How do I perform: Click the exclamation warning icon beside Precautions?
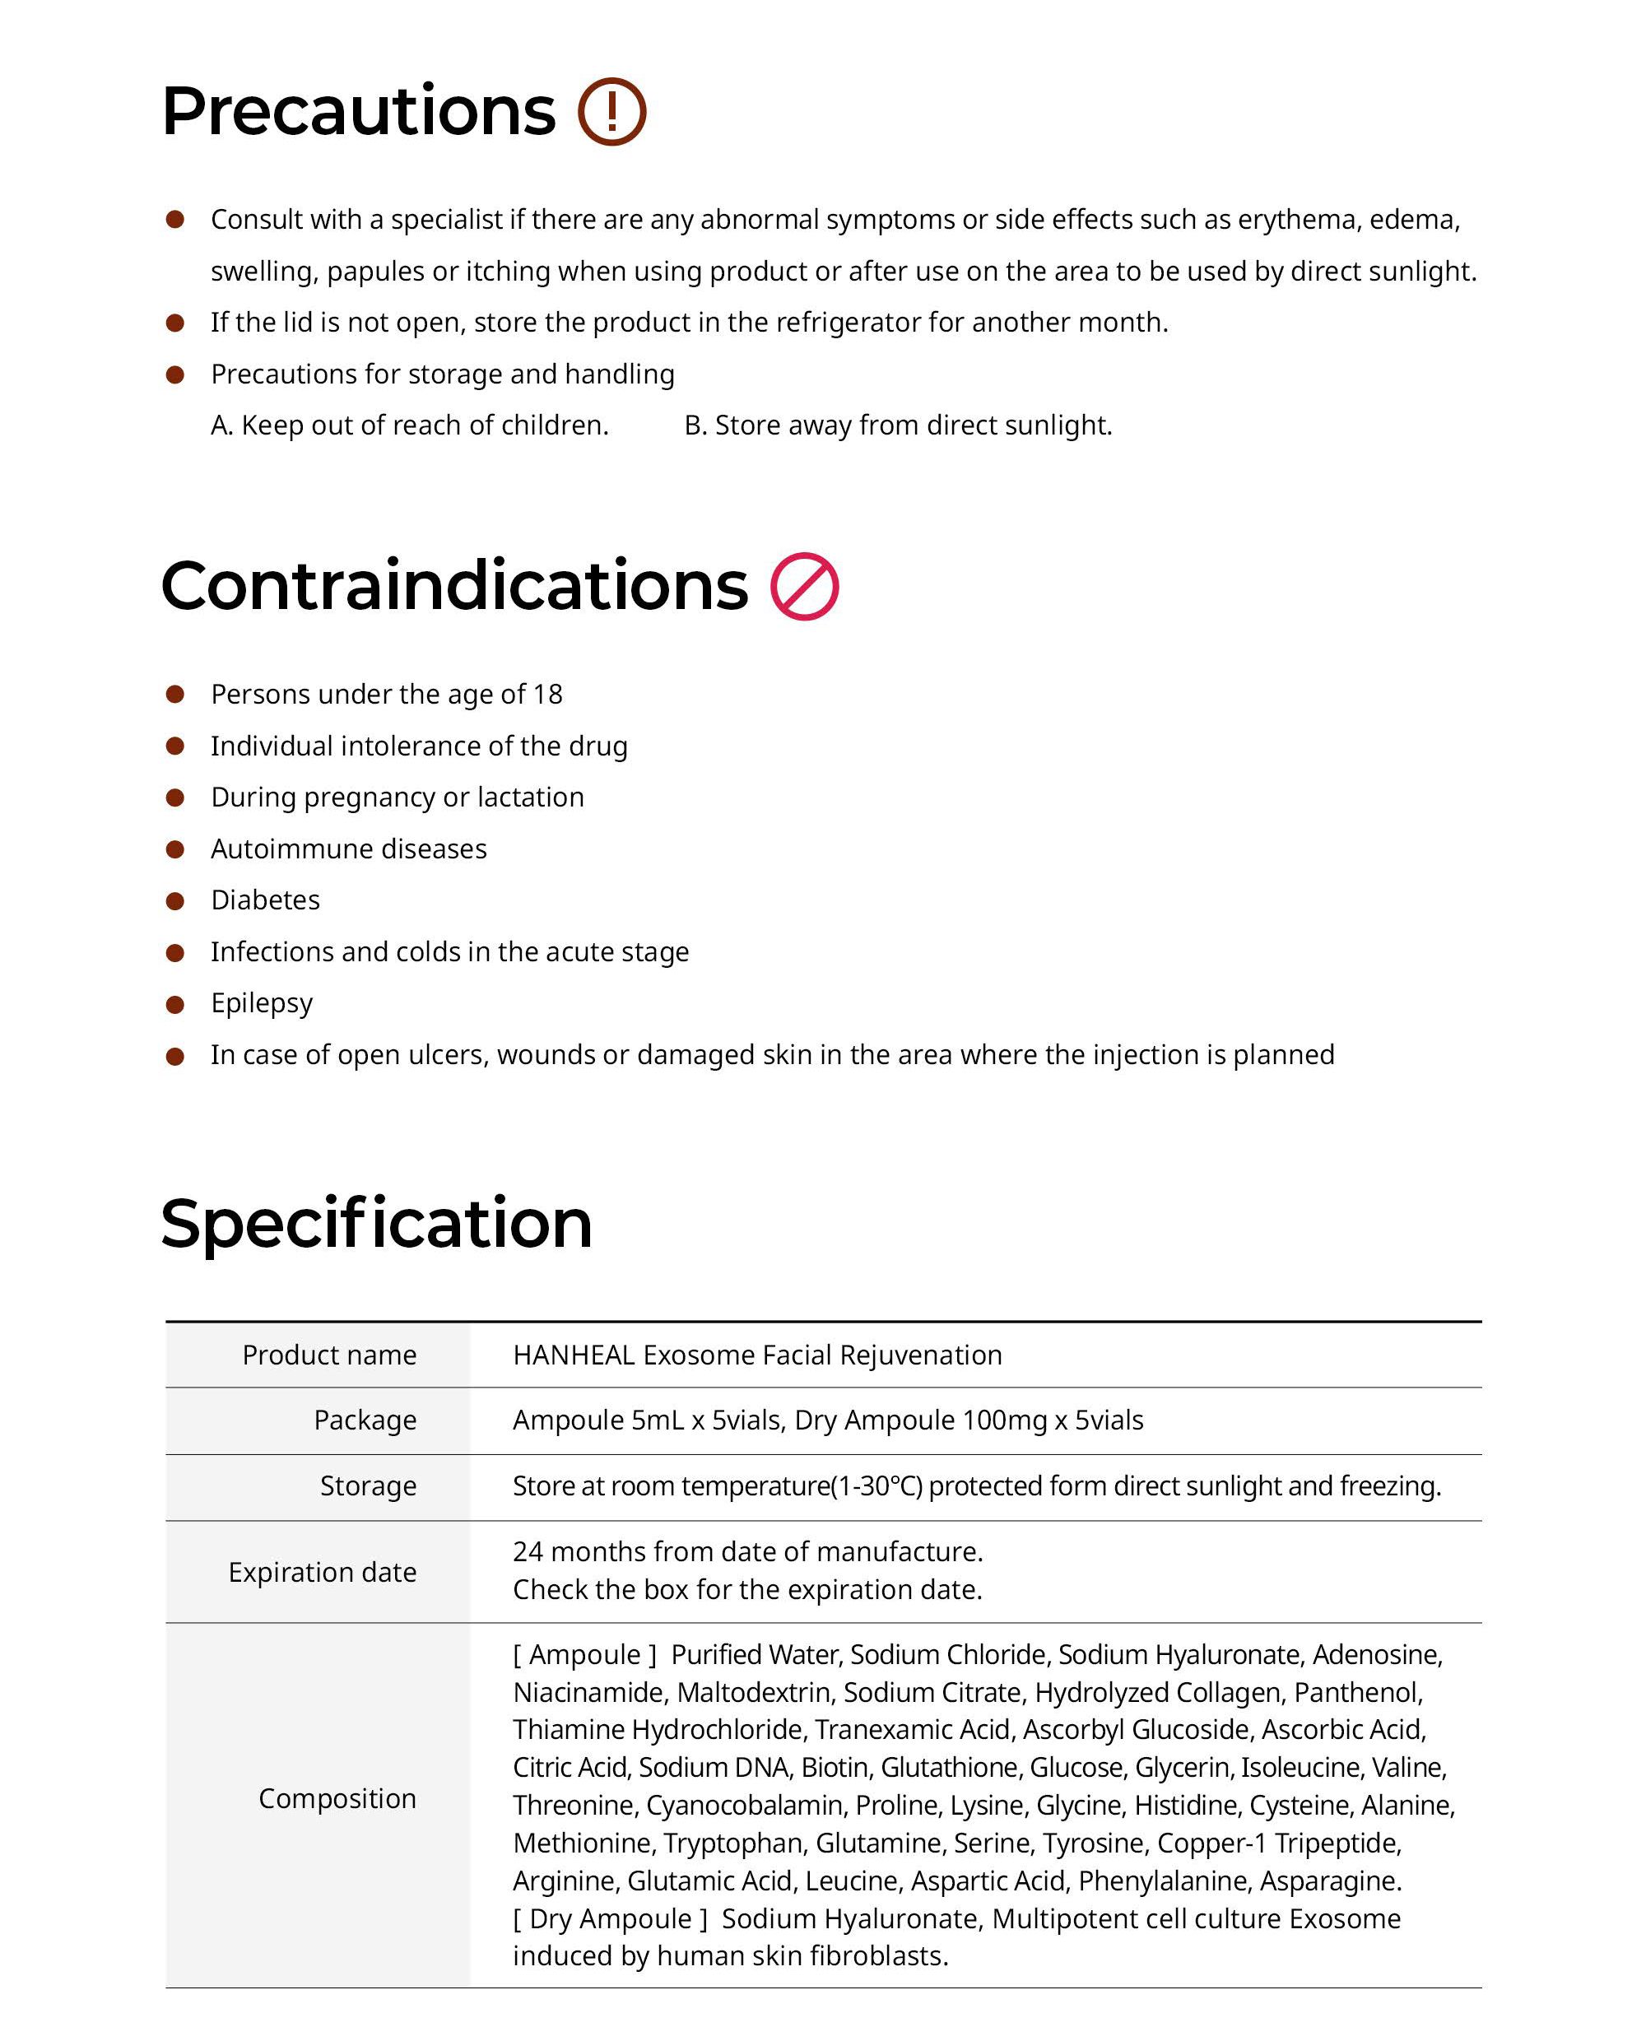611,112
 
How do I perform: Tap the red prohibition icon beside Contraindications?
804,587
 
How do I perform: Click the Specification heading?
376,1223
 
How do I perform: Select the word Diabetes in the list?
266,900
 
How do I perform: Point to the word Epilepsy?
262,1003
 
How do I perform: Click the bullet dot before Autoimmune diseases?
175,849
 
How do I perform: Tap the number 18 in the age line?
547,694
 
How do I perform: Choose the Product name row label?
329,1355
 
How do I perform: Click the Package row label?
365,1420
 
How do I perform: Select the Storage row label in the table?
368,1485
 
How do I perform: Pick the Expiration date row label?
323,1572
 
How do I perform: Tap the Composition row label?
337,1798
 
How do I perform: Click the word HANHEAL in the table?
574,1355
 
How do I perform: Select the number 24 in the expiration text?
528,1552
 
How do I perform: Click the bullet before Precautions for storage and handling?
175,374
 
